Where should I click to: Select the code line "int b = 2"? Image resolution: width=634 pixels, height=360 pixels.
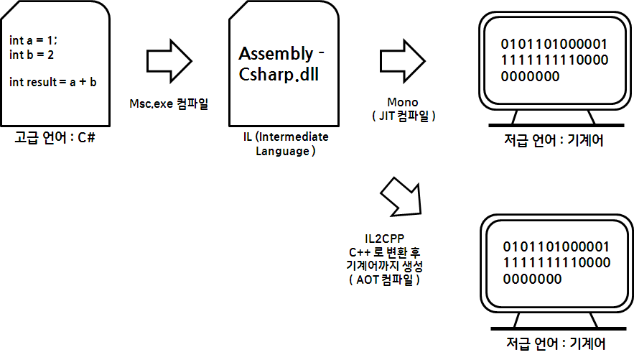tap(31, 54)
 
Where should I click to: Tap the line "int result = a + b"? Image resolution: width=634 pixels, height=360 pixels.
tap(53, 81)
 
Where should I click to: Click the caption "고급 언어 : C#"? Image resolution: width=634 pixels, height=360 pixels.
tap(55, 137)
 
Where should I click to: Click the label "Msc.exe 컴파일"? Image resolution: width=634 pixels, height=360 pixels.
tap(169, 105)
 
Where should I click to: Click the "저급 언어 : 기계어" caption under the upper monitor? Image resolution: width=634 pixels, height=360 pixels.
tap(553, 139)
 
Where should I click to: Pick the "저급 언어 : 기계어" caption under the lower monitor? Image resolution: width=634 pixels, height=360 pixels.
tap(553, 343)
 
